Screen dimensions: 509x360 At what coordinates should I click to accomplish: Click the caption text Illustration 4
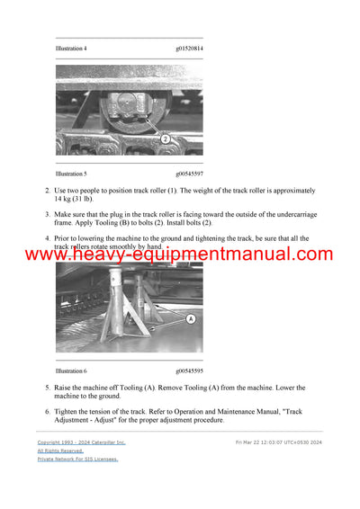71,49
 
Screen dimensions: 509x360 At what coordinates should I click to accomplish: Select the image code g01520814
189,49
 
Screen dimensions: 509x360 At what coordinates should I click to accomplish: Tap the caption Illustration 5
71,174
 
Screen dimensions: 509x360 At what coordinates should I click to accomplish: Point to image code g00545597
189,174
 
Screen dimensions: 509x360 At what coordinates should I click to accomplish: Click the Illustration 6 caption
71,371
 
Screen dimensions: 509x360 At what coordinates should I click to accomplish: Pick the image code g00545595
189,371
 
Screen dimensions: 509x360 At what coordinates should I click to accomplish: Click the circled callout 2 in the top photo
165,138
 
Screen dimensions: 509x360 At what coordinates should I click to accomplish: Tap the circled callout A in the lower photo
190,318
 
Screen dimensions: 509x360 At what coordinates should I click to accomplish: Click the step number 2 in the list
47,191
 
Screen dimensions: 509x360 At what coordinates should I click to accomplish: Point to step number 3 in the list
47,214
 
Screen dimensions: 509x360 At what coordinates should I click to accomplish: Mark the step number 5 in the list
47,387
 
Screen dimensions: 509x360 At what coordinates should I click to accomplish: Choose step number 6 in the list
47,411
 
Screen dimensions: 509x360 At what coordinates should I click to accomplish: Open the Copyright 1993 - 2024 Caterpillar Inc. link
81,442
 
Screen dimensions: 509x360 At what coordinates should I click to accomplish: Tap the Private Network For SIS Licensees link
77,459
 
